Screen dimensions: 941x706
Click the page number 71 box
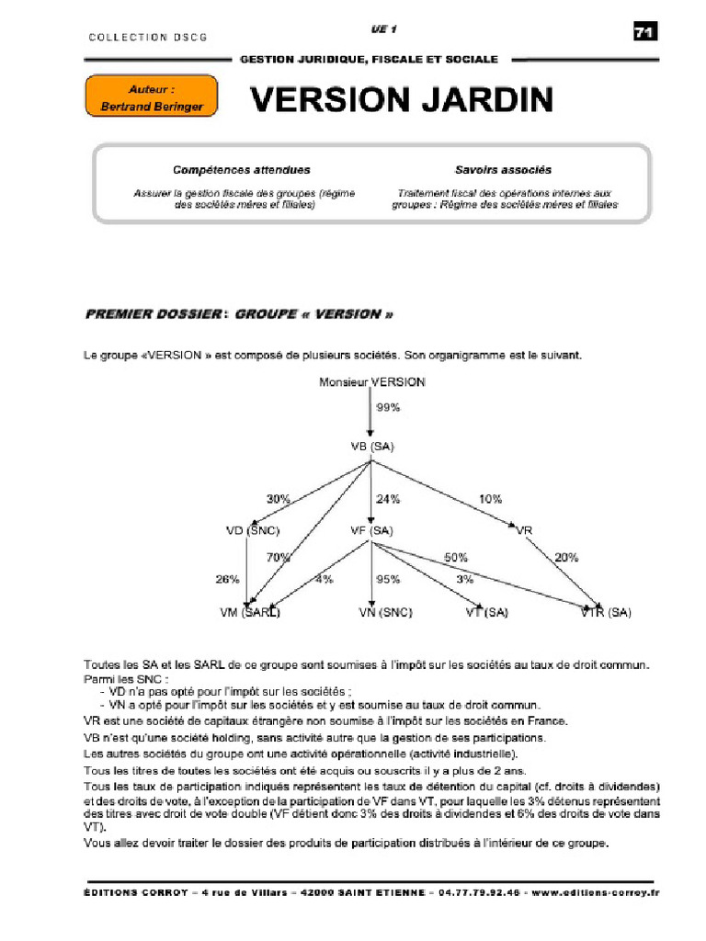coord(644,32)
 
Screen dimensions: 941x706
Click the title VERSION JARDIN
coord(403,99)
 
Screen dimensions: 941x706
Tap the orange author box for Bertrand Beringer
coord(151,97)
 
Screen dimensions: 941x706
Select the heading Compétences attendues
coord(242,170)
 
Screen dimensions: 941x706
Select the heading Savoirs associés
coord(503,170)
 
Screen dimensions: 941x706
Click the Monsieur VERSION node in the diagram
coord(371,382)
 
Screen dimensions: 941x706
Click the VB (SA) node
coord(371,447)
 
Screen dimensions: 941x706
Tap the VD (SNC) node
coord(253,530)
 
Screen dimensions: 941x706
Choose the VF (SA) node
coord(371,530)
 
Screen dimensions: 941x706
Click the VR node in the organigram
coord(524,530)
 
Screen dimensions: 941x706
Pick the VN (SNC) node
coord(385,612)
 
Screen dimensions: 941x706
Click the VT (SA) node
coord(486,612)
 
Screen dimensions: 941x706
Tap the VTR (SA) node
coord(606,612)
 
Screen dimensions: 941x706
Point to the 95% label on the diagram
coord(388,580)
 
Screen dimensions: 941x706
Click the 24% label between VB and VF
coord(387,499)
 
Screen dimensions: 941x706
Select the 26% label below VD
coord(227,580)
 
